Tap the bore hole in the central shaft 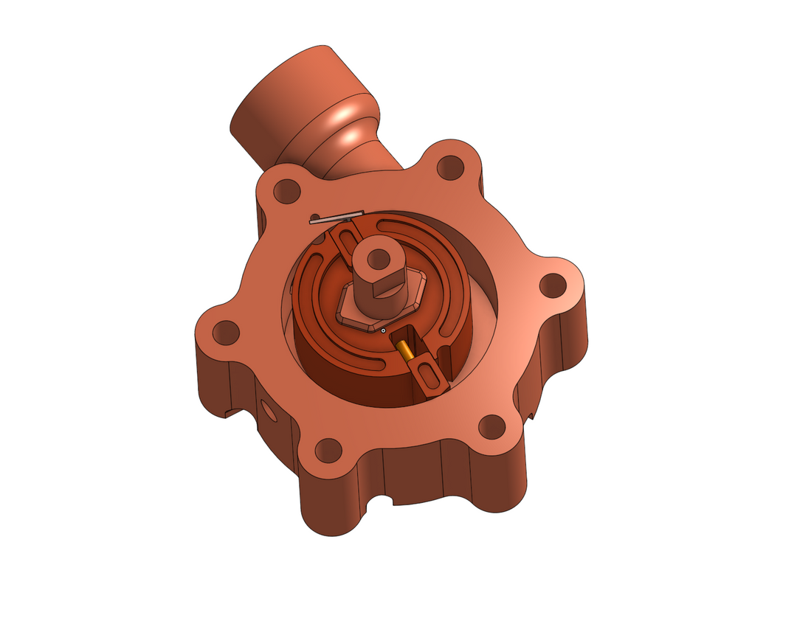click(x=379, y=258)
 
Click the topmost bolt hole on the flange click(x=449, y=168)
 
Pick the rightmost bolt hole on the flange click(x=553, y=285)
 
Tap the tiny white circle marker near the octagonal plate click(x=383, y=330)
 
